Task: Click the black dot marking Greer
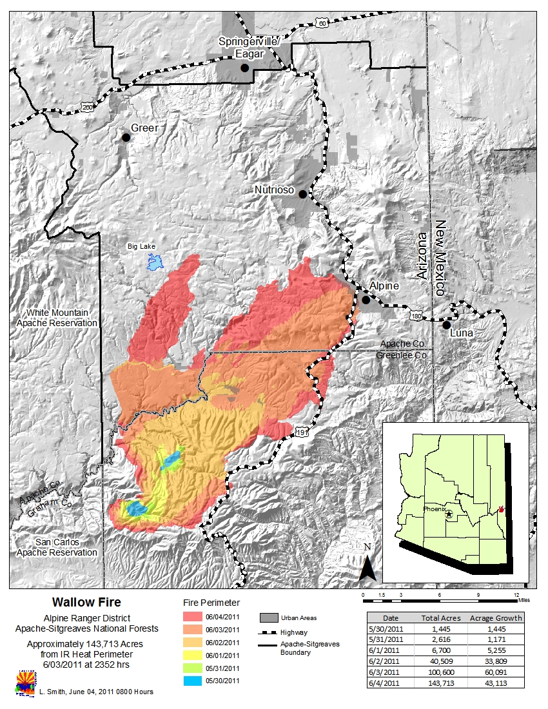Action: tap(126, 137)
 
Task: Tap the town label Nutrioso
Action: tap(274, 190)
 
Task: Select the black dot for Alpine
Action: tap(366, 300)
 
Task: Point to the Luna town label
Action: tap(463, 333)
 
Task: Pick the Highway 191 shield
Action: tap(302, 432)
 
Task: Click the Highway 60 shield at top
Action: tap(322, 23)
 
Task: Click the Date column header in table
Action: tap(391, 617)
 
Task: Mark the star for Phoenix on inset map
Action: tap(449, 514)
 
